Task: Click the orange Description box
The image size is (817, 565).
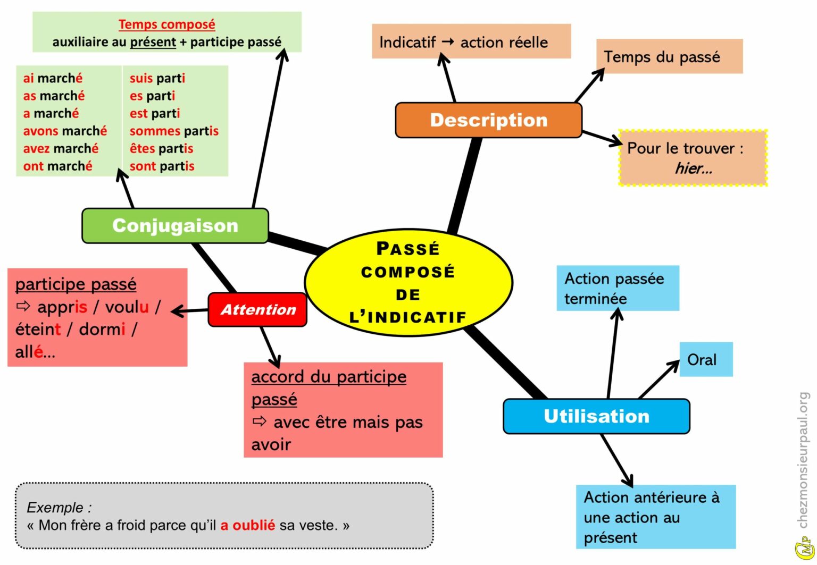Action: (x=488, y=120)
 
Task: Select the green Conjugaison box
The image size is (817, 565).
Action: (x=175, y=225)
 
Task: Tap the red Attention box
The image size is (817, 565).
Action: (x=257, y=309)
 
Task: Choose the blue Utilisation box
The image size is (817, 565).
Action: (x=596, y=416)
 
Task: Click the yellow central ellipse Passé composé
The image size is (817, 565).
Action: (x=408, y=283)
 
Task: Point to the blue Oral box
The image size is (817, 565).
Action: (x=705, y=360)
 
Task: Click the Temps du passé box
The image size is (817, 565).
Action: (x=669, y=56)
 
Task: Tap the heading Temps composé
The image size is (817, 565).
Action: (x=166, y=24)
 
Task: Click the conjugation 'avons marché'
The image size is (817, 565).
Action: (x=65, y=131)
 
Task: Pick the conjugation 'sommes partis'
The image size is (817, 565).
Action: (x=174, y=131)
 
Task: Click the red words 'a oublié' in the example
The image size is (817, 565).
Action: (x=247, y=525)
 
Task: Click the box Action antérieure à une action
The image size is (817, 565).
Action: (x=655, y=517)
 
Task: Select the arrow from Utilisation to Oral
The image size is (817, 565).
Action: (x=658, y=379)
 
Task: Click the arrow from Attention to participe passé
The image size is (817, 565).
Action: (x=189, y=311)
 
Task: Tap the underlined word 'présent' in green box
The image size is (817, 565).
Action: (x=153, y=42)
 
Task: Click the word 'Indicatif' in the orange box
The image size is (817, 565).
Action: (x=407, y=42)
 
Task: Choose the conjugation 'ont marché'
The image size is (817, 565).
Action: (x=57, y=166)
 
